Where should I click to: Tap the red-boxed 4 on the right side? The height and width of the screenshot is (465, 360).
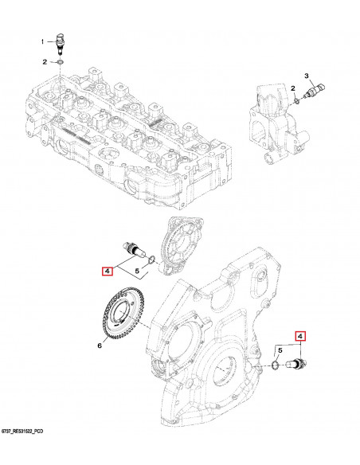coord(300,336)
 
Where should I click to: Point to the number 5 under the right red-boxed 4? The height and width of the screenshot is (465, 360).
coord(280,350)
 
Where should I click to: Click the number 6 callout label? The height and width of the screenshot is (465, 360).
coord(101,346)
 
